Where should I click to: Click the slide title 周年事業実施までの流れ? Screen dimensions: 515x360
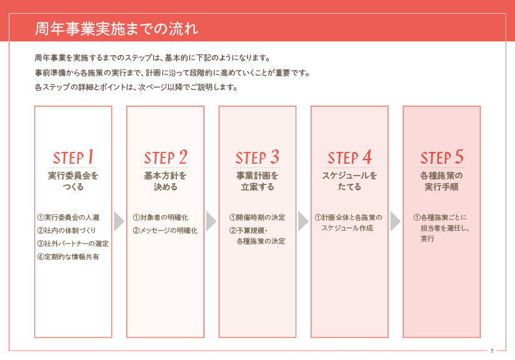point(117,29)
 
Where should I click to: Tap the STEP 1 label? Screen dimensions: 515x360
point(73,157)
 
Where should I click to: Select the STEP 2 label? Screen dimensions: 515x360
point(166,157)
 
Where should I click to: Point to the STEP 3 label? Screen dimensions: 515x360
point(257,157)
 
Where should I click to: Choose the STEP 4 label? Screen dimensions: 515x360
point(350,157)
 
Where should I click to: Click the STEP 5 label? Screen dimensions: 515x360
point(442,157)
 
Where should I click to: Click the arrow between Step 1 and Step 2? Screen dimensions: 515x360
point(119,221)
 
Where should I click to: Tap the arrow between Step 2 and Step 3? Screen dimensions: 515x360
point(211,221)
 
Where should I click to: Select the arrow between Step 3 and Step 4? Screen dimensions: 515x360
point(304,221)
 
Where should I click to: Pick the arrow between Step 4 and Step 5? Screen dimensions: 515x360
point(396,221)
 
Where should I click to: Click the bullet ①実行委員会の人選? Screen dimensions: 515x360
point(68,217)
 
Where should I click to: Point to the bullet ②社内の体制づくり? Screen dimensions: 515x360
point(67,231)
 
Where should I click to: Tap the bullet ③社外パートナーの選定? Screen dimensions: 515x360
point(73,244)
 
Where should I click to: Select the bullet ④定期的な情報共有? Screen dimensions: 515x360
point(68,257)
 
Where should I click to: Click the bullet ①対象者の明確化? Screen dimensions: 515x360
point(161,217)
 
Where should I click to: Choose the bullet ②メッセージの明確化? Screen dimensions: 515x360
point(165,231)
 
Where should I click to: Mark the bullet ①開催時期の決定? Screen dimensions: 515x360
point(257,217)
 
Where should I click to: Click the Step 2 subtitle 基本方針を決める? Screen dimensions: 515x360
point(166,181)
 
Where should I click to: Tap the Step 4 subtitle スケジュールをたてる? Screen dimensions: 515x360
point(349,181)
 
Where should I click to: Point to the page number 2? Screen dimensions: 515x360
point(492,351)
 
